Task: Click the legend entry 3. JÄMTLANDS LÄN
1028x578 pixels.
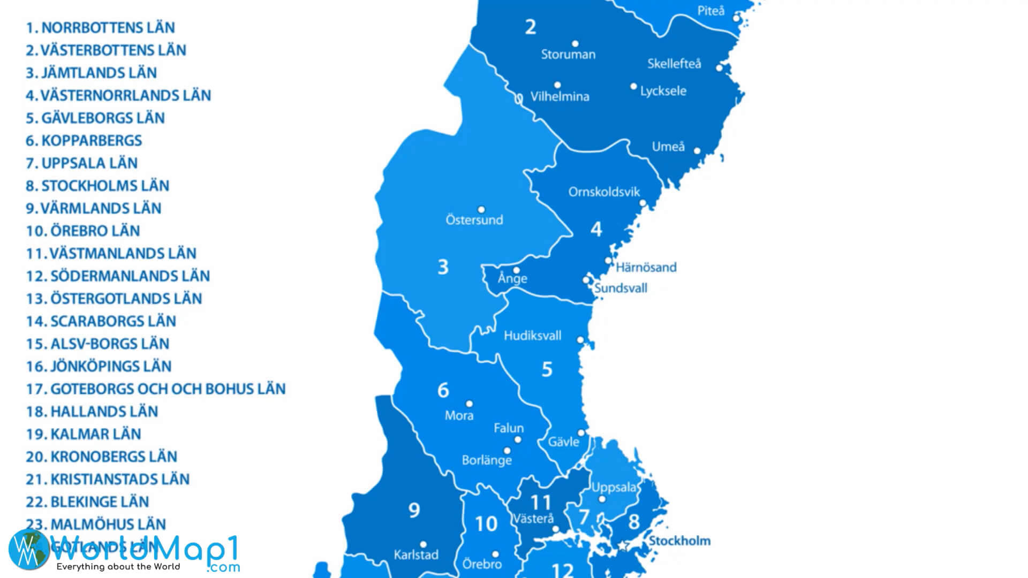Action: [x=91, y=73]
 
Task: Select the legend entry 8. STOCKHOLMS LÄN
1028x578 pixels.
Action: [x=97, y=186]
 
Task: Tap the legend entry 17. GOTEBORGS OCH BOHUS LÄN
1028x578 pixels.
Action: [x=155, y=389]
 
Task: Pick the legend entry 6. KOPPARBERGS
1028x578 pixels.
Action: [x=84, y=141]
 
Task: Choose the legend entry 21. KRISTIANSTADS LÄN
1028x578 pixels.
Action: [x=108, y=480]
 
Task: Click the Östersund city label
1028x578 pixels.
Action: [x=474, y=220]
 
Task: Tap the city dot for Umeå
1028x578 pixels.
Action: [x=697, y=151]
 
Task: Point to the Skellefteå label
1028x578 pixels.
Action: [x=674, y=64]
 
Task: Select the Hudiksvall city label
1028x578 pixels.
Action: [x=532, y=336]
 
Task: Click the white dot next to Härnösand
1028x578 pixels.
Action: [x=608, y=261]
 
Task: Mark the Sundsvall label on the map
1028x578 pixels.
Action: [x=621, y=288]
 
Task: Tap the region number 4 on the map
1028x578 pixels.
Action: [x=596, y=230]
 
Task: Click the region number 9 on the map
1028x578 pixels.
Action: [x=414, y=511]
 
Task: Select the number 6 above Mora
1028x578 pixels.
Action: [x=443, y=391]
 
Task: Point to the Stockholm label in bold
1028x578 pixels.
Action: [x=679, y=541]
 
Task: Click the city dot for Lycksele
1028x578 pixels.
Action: [x=633, y=86]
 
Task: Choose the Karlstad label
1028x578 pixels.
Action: [x=416, y=555]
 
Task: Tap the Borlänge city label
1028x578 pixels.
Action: [x=487, y=460]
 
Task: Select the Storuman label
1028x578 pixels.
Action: [x=568, y=55]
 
